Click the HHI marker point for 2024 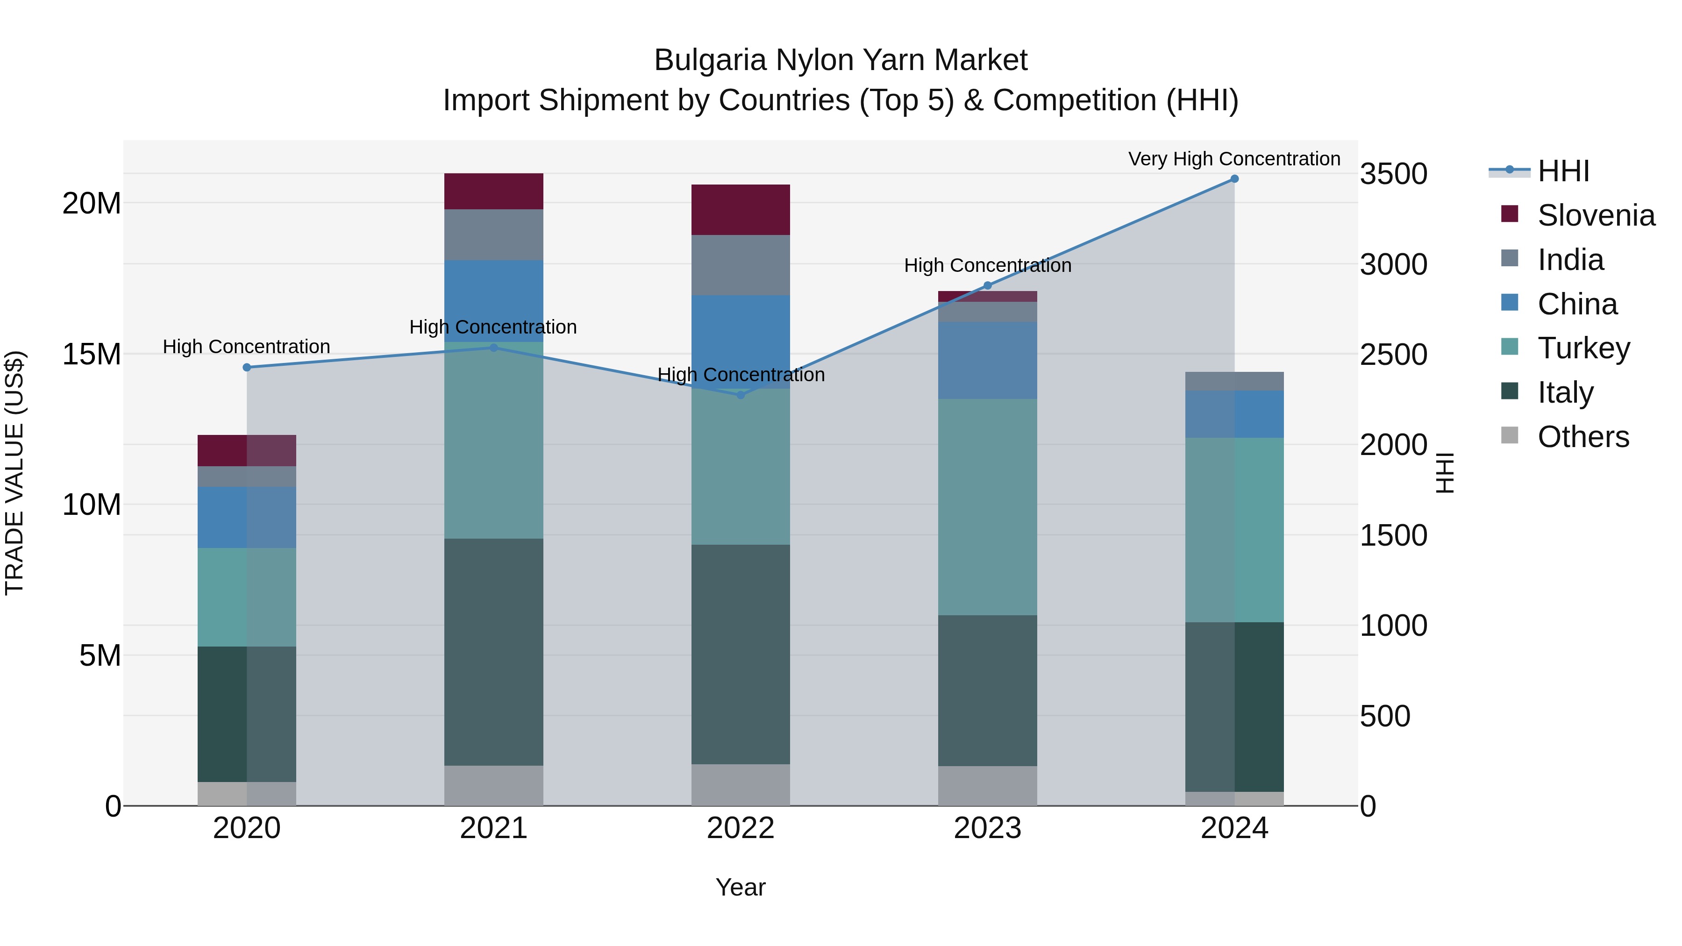click(x=1234, y=179)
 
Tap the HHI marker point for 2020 click(x=247, y=368)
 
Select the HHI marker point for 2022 click(x=741, y=395)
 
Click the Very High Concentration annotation click(x=1234, y=159)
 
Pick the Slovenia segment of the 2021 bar click(x=494, y=191)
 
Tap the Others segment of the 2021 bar click(x=494, y=785)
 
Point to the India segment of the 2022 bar click(x=741, y=265)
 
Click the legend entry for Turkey click(x=1583, y=348)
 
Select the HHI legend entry click(x=1562, y=171)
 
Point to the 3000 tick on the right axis click(x=1393, y=264)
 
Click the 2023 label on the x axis click(x=987, y=828)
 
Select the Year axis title click(x=741, y=887)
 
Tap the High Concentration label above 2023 click(x=987, y=266)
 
